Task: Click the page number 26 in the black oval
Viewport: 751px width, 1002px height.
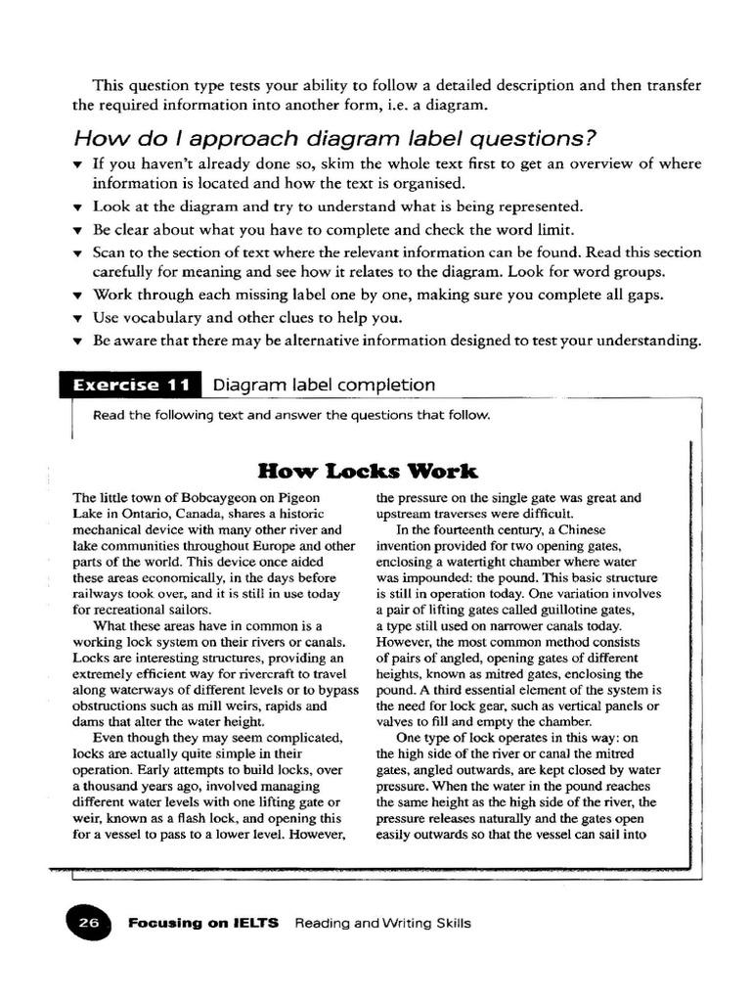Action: pyautogui.click(x=89, y=923)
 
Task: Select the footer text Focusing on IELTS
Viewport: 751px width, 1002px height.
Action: pyautogui.click(x=203, y=923)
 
